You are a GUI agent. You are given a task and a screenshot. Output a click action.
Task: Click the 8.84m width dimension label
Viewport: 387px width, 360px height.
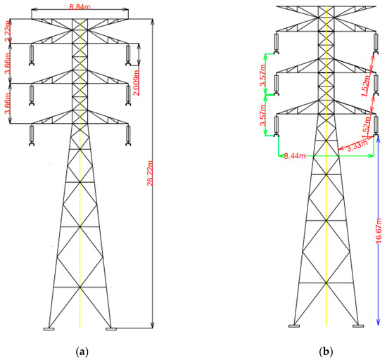click(80, 7)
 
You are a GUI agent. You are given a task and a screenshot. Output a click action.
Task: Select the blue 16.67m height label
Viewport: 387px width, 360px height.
click(378, 229)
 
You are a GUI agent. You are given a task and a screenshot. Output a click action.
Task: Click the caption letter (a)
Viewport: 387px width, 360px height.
click(80, 349)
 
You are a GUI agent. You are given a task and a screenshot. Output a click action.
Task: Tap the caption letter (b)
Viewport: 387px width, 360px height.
click(326, 349)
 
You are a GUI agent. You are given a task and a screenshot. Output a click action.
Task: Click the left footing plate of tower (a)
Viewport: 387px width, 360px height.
click(49, 328)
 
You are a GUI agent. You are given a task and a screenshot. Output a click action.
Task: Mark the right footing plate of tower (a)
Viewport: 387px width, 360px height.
click(110, 328)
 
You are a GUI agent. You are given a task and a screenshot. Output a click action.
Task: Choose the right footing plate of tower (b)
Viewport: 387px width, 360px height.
click(357, 326)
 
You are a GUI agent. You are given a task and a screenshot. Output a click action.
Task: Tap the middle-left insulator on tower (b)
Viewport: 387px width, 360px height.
click(277, 84)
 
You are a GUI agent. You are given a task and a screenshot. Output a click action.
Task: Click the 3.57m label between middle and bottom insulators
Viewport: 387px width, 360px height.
click(262, 117)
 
